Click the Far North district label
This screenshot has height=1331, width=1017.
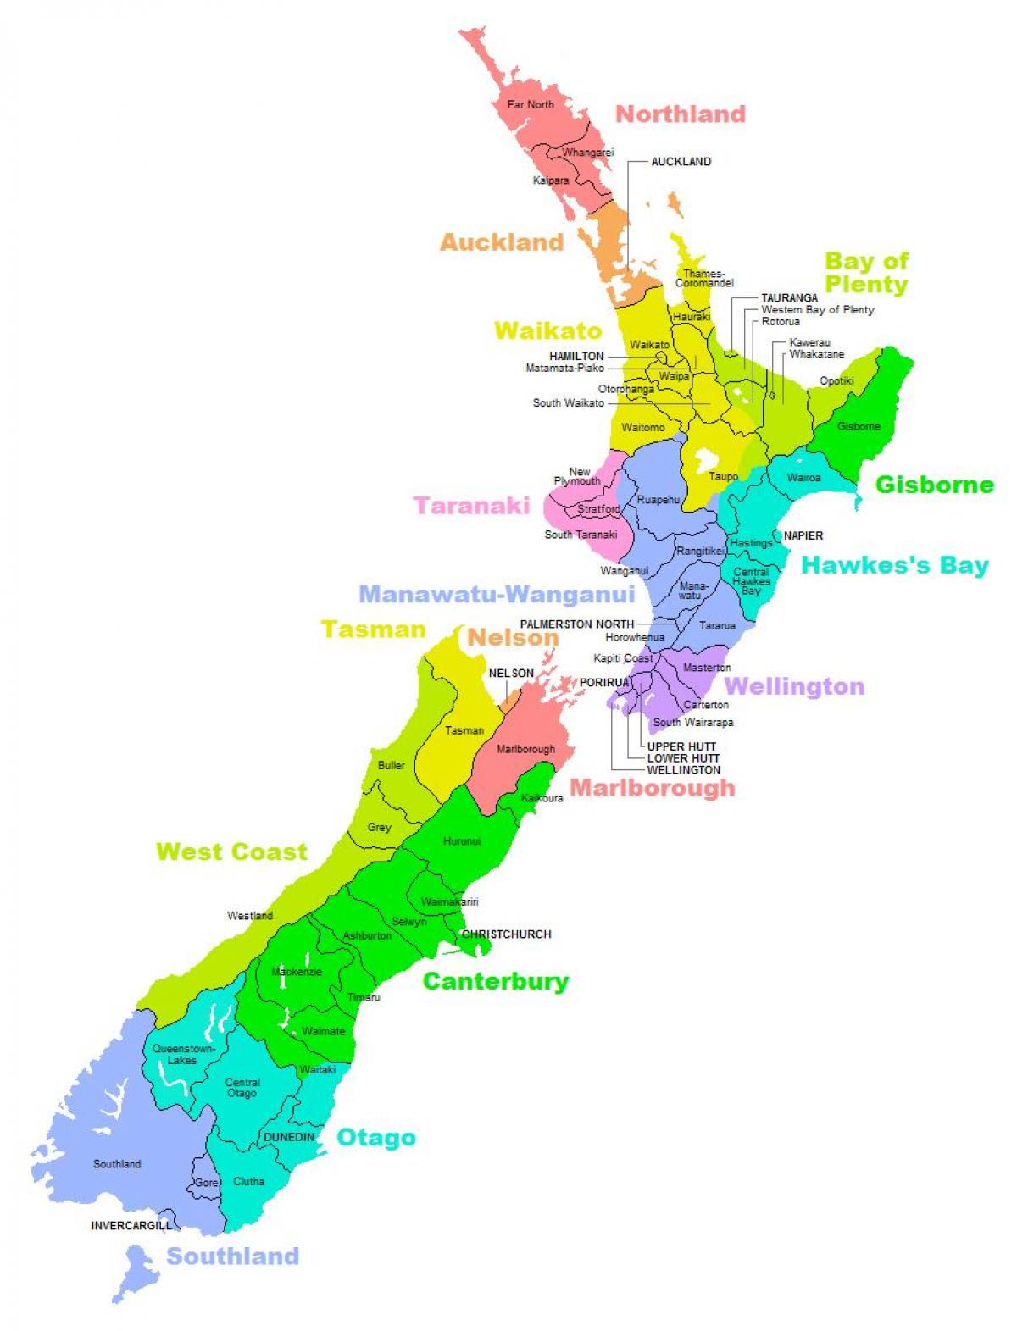pos(531,105)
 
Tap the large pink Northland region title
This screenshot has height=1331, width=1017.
pos(680,114)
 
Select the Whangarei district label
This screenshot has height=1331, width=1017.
pos(587,153)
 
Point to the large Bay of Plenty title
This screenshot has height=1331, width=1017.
pos(866,273)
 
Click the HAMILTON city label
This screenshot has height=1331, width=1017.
pos(576,357)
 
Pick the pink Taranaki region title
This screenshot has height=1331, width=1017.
pos(471,506)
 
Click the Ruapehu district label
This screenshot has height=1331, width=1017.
pos(659,500)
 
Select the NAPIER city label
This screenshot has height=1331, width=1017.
pos(803,535)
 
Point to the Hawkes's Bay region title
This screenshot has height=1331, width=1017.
pos(895,565)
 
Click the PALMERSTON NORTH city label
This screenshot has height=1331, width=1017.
pos(576,624)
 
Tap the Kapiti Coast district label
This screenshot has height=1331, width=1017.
pos(623,658)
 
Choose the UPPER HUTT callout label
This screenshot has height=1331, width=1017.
pos(681,746)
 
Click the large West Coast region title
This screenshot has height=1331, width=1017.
pos(231,851)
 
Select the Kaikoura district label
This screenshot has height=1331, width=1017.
pos(542,798)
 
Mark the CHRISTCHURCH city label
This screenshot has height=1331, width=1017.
pos(507,934)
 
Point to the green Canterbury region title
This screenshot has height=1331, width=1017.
pos(496,981)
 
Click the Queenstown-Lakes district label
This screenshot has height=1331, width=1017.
pos(183,1054)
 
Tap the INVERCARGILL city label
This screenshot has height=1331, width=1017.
pos(131,1226)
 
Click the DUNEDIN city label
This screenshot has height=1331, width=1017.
pos(289,1137)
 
